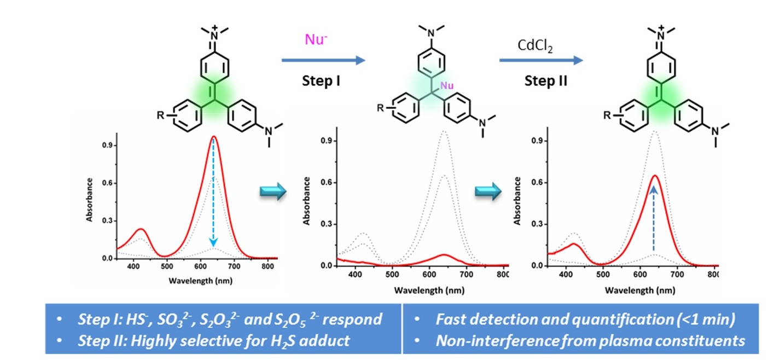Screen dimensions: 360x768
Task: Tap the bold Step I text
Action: pos(322,82)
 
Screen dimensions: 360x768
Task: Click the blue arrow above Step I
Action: pos(323,60)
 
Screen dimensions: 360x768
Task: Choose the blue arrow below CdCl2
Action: pos(540,60)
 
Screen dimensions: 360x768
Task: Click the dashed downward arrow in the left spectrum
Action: pos(213,191)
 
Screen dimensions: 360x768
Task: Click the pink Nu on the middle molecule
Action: pos(447,85)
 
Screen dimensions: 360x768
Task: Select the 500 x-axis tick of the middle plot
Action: pos(391,275)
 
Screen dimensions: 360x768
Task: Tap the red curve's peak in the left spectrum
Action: pos(214,136)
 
